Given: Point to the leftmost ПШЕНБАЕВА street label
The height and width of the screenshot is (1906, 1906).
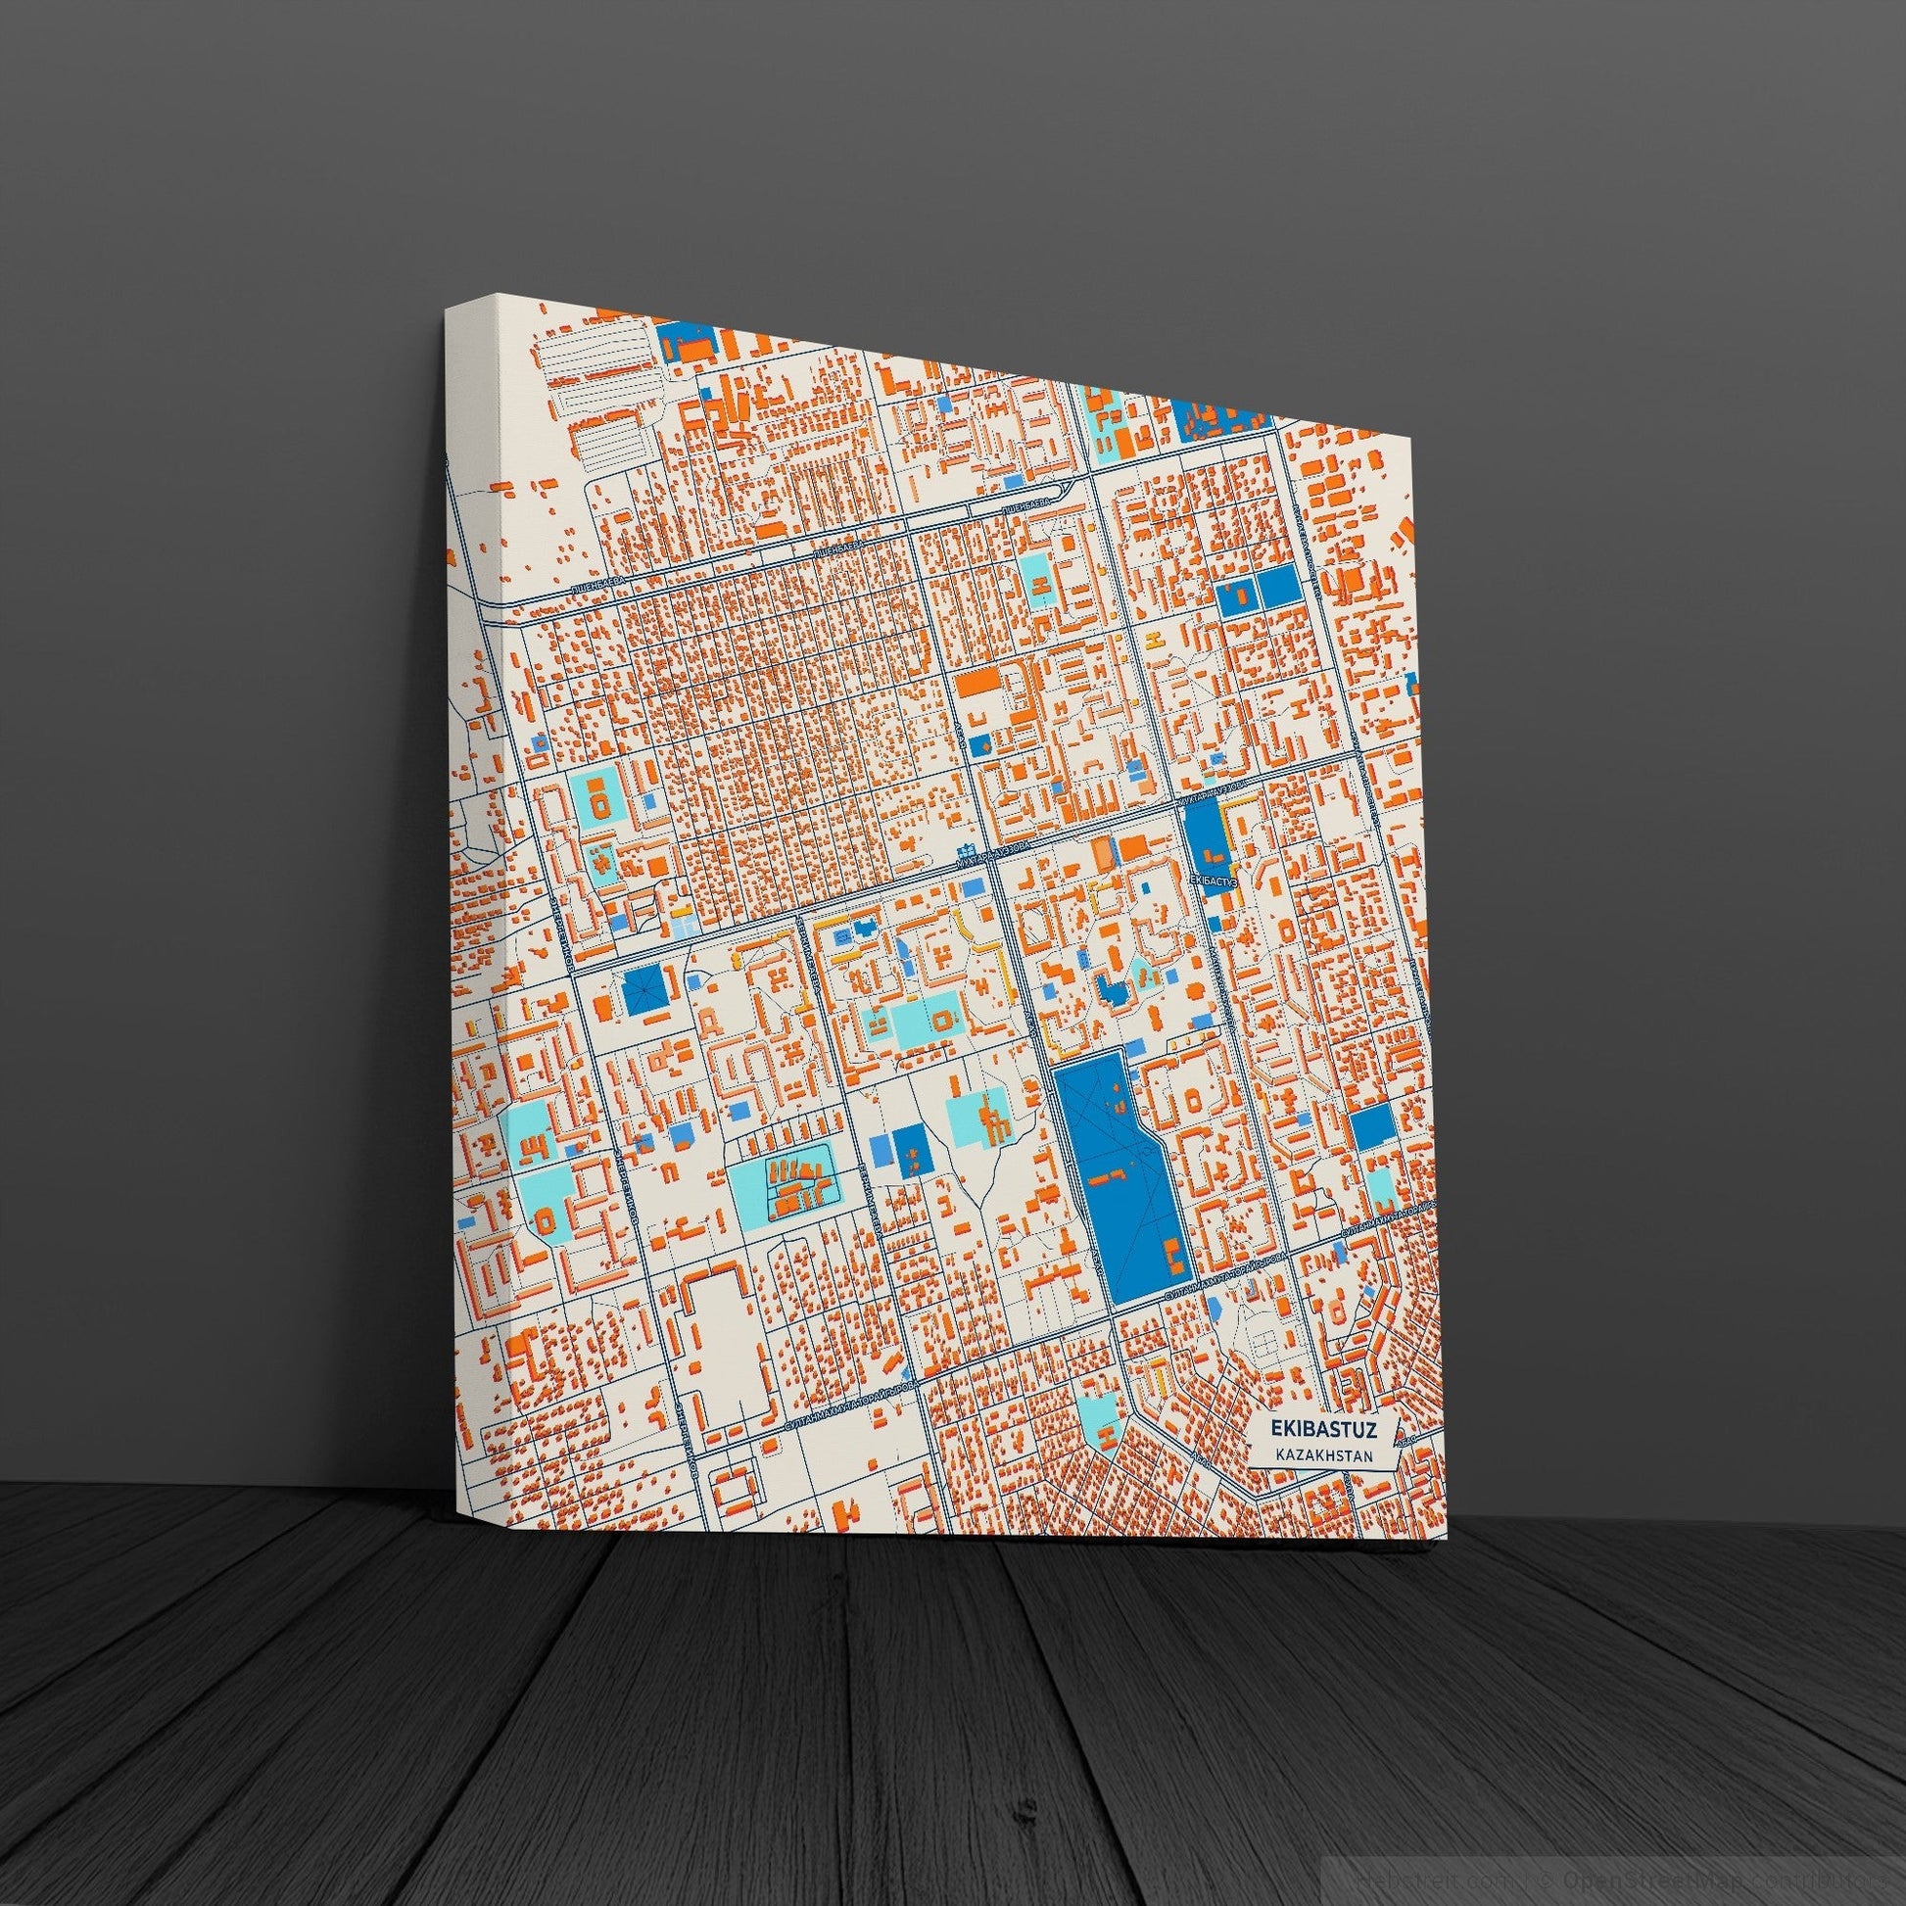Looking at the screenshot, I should (598, 586).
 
